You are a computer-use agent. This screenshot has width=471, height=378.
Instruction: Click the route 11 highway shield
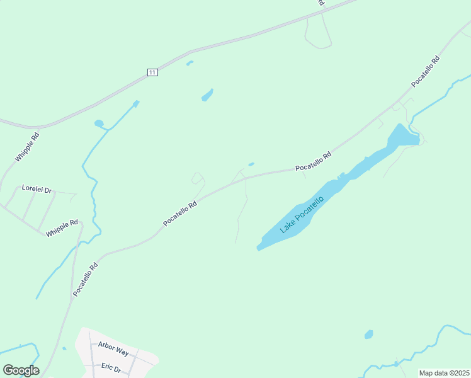coord(152,72)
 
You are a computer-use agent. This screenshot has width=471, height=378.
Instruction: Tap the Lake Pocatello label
coord(302,215)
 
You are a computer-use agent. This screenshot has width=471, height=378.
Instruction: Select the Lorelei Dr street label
coord(37,188)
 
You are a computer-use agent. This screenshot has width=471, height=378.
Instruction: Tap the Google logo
coord(21,370)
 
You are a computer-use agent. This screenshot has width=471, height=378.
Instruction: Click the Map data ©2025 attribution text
coord(444,373)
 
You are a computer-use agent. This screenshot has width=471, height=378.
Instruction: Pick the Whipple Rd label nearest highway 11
coord(27,146)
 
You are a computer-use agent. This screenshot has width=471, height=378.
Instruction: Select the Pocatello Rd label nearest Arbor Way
coord(86,280)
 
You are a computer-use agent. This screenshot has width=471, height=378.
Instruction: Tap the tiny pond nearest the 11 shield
coord(189,63)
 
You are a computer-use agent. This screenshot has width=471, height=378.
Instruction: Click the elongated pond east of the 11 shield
coord(207,95)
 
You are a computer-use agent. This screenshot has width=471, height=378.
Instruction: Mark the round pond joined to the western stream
coord(99,123)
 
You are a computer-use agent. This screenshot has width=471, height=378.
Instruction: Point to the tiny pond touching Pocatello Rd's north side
coord(251,164)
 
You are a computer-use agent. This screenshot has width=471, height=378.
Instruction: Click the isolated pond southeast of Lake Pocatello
coord(368,335)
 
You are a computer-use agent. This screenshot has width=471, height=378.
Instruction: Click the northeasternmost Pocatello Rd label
coord(425,72)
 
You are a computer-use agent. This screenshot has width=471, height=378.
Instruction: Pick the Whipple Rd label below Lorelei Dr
coord(62,228)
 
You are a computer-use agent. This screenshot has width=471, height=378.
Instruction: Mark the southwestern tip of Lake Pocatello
coord(259,248)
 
